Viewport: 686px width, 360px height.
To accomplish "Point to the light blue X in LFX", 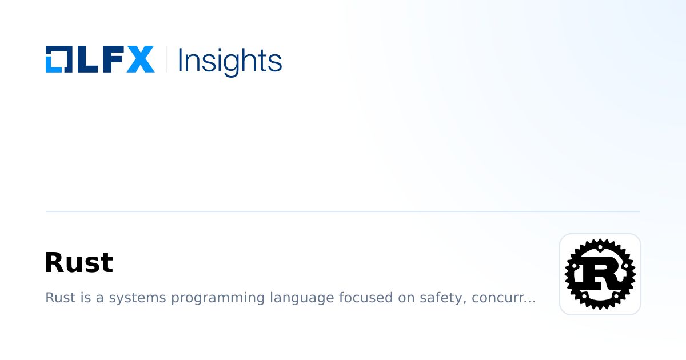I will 140,59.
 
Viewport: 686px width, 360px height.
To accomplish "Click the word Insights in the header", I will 230,61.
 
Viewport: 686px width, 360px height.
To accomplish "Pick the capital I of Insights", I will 181,59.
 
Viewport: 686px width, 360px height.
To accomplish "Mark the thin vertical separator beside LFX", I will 166,59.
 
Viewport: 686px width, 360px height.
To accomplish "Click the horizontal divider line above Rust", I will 343,211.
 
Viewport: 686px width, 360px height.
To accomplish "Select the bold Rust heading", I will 79,263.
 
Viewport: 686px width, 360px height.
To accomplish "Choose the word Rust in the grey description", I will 58,298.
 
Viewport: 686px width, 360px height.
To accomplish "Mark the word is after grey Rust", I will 81,298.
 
